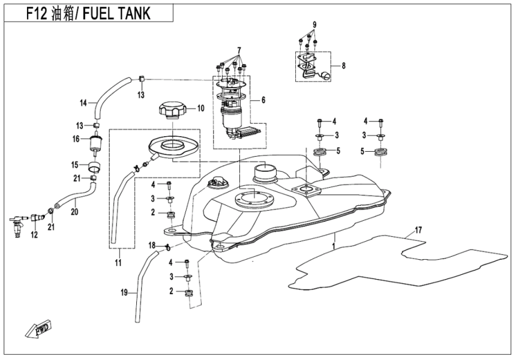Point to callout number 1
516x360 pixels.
tap(334, 246)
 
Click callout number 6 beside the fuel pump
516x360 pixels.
tap(262, 101)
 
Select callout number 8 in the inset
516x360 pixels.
tap(344, 66)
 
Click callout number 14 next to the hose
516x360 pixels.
tap(83, 103)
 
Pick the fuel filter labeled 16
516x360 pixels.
tap(94, 145)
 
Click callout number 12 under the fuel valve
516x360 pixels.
tap(34, 235)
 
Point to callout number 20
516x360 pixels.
tap(74, 211)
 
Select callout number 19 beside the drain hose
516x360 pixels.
tap(124, 293)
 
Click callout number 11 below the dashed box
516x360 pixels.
tap(118, 263)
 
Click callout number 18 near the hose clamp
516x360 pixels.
tap(152, 245)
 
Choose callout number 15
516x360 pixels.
tap(76, 164)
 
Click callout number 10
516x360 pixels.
tap(201, 109)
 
